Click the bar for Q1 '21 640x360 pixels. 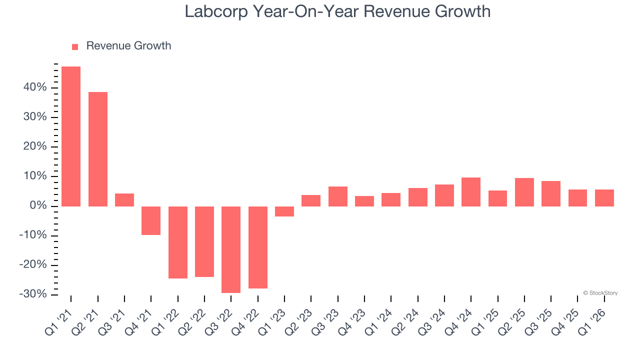click(x=71, y=136)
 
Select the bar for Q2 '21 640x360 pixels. click(x=98, y=149)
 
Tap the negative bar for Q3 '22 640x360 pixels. click(x=231, y=249)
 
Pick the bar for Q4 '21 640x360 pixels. click(x=151, y=220)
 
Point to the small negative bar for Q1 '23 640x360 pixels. click(x=284, y=211)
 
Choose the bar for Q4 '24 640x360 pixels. click(x=471, y=192)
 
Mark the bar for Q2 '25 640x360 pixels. click(x=524, y=192)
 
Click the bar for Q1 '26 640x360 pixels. click(x=604, y=198)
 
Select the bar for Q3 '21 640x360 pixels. click(x=124, y=200)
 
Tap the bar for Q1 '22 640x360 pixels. click(x=178, y=242)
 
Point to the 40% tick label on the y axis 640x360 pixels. click(x=34, y=88)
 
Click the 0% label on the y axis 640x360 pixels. click(x=38, y=206)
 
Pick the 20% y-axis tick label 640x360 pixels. click(x=34, y=147)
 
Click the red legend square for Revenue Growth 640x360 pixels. click(x=75, y=47)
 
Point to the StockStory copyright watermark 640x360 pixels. click(x=600, y=293)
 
